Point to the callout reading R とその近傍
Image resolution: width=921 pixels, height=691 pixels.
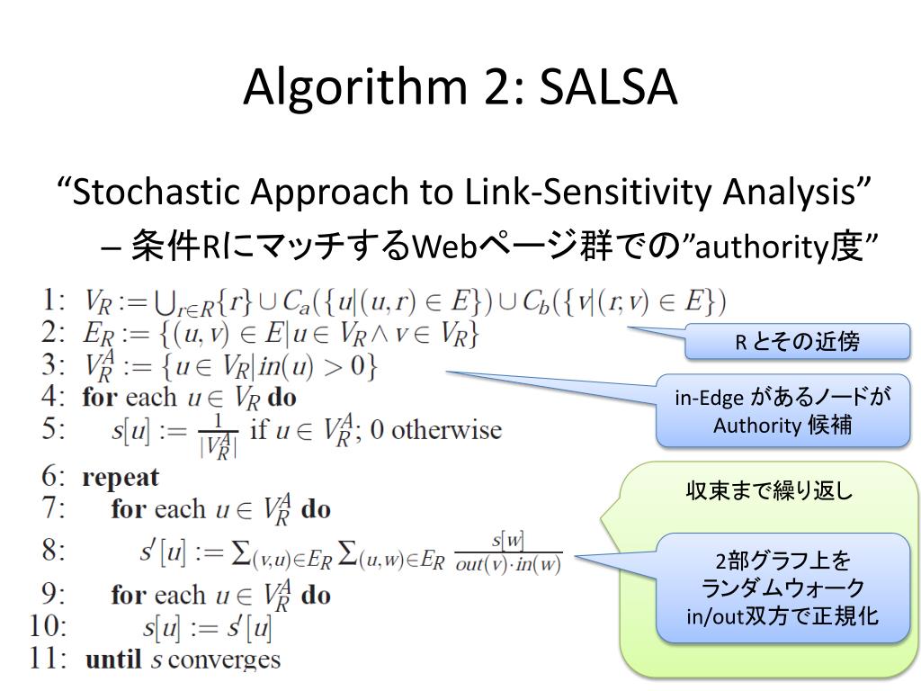tap(798, 342)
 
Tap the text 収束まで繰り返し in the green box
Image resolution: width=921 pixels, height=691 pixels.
tap(769, 491)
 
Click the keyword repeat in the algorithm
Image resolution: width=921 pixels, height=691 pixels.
tap(120, 478)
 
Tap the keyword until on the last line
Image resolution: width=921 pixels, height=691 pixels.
tap(113, 660)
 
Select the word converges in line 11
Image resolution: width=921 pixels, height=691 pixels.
tap(224, 660)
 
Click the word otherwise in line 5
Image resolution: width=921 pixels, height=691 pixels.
tap(448, 429)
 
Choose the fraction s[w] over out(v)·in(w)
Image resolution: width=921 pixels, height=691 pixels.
tap(507, 552)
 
